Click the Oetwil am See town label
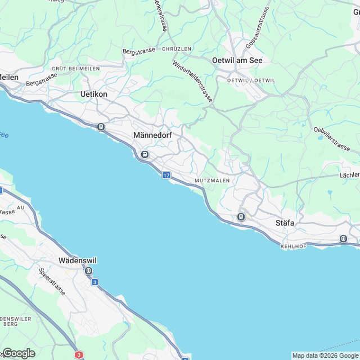tap(237, 60)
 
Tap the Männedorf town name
tap(152, 136)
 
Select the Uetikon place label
tap(94, 94)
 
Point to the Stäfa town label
tap(285, 223)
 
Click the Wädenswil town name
tap(78, 260)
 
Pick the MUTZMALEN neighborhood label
tap(211, 181)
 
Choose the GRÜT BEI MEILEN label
tap(75, 69)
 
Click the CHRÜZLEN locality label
tap(177, 49)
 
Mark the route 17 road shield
tap(166, 175)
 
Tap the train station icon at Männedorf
tap(145, 154)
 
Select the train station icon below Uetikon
tap(101, 127)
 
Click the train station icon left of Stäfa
tap(241, 217)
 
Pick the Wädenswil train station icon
tap(88, 271)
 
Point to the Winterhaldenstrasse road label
tap(193, 81)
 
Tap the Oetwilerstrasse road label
tap(332, 138)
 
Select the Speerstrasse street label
tap(52, 281)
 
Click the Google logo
tap(18, 353)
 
